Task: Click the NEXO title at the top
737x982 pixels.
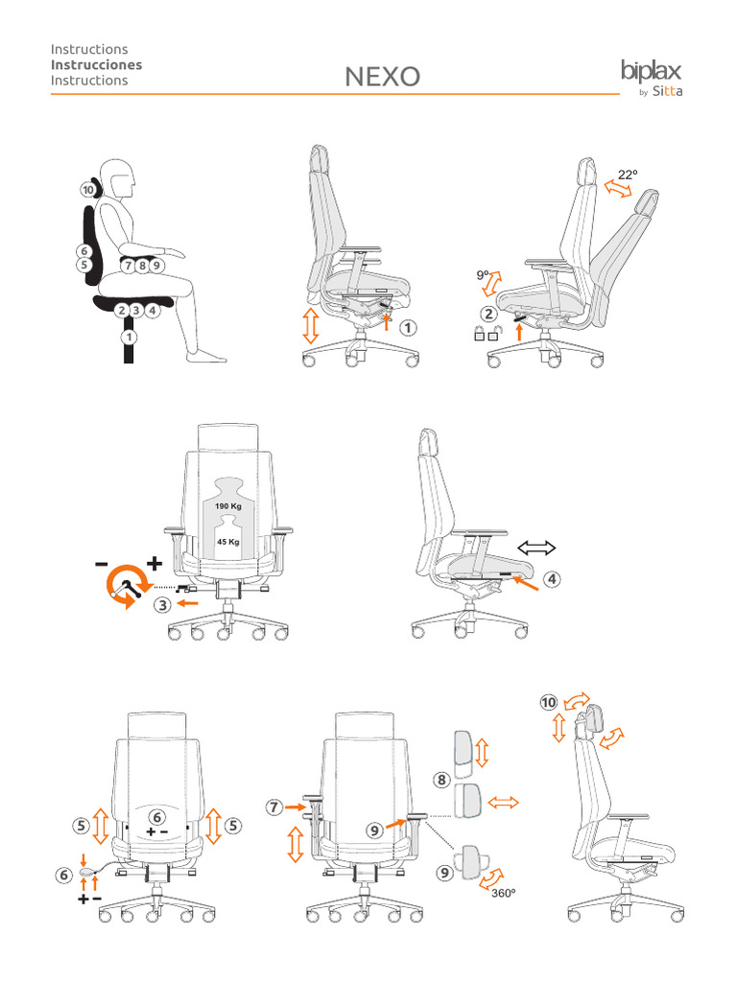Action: coord(382,77)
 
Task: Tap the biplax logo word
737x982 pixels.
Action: coord(652,70)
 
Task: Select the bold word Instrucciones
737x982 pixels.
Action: coord(96,64)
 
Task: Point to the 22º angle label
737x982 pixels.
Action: coord(628,175)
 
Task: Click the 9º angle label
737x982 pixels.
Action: coord(483,275)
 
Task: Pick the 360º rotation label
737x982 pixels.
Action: coord(505,892)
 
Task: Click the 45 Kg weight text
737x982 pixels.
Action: coord(227,541)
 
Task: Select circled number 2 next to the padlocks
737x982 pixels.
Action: coord(488,314)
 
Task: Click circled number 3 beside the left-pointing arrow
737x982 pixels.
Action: coord(163,604)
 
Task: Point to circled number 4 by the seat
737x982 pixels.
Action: coord(550,579)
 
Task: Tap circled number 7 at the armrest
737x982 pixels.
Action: coord(275,807)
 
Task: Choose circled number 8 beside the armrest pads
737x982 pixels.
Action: coord(442,780)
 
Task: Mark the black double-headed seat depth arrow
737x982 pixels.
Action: coord(536,548)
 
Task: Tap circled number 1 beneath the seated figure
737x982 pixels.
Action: coord(128,337)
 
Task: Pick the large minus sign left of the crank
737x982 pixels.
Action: coord(102,565)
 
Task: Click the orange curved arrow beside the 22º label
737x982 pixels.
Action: coord(618,191)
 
